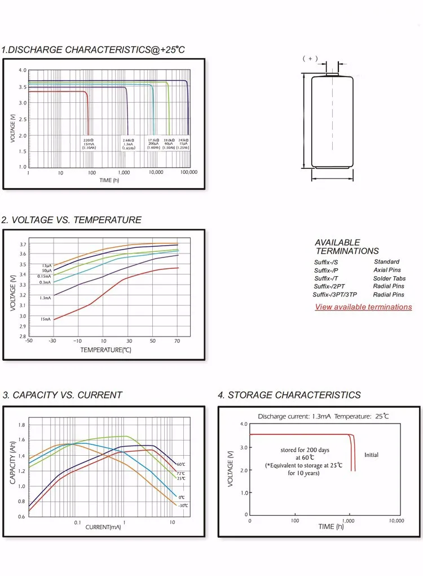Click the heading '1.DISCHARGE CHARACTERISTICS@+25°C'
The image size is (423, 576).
pos(93,50)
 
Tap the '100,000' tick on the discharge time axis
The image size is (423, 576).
pos(188,172)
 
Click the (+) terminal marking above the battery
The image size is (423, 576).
pos(310,58)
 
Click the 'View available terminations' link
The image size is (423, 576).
pos(363,307)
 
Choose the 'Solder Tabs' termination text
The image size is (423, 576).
pos(389,278)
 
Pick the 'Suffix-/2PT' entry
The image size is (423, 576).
pos(330,286)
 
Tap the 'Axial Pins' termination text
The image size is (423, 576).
pos(387,270)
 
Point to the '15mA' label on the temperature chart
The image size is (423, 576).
pos(45,320)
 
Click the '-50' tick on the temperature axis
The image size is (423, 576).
pos(29,341)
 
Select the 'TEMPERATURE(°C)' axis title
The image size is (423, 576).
pos(105,350)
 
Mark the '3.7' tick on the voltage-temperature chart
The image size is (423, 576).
pos(22,245)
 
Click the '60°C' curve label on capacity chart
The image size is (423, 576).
pos(180,464)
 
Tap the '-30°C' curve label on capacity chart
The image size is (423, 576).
pos(182,505)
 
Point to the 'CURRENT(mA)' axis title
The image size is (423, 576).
pos(103,527)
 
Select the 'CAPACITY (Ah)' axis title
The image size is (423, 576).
pos(12,463)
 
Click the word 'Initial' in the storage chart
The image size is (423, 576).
pos(371,455)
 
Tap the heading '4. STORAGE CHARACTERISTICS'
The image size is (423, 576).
pos(289,395)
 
